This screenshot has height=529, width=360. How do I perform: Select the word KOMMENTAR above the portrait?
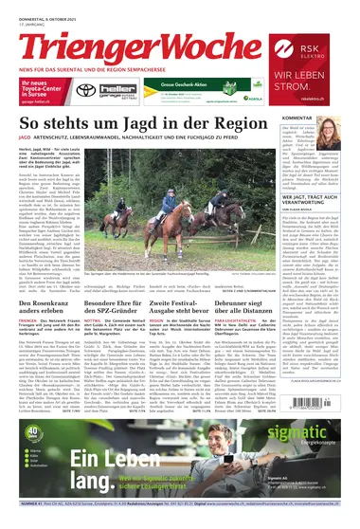322,119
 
